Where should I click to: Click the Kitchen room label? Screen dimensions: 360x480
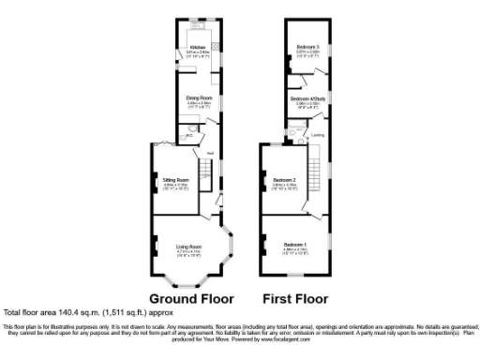pyautogui.click(x=197, y=47)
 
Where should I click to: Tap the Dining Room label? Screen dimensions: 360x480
pyautogui.click(x=197, y=97)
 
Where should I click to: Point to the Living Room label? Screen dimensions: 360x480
pyautogui.click(x=189, y=246)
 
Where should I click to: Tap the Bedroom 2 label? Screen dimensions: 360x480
pyautogui.click(x=284, y=179)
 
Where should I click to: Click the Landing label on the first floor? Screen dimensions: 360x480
pyautogui.click(x=318, y=135)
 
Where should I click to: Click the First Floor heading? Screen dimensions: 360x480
pyautogui.click(x=295, y=299)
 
